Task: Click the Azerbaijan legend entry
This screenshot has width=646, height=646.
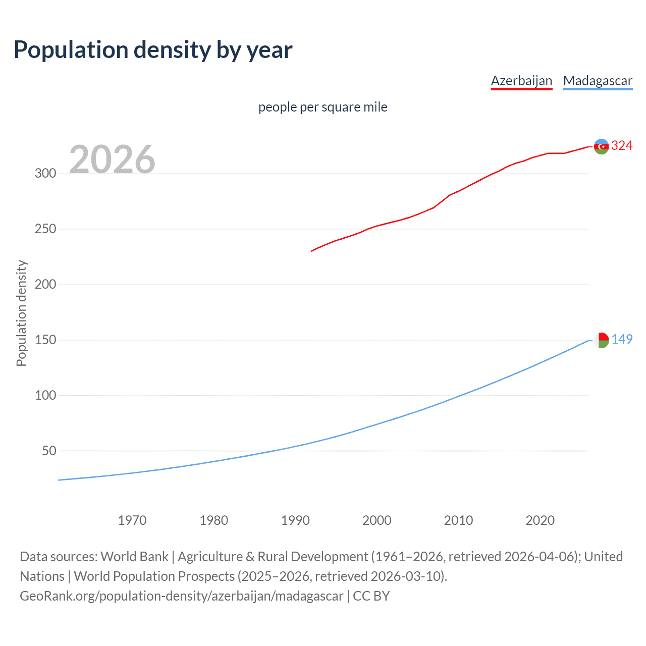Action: (x=521, y=81)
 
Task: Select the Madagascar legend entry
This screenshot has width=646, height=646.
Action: (x=598, y=81)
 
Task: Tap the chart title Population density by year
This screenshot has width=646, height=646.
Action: (x=153, y=50)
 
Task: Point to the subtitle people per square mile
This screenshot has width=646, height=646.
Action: (x=322, y=107)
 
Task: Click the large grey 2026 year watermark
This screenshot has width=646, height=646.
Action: (x=112, y=159)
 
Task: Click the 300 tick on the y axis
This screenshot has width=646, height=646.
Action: (x=45, y=174)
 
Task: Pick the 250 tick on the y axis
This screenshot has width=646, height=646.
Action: (x=45, y=229)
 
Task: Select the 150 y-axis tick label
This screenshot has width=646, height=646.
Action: (x=45, y=340)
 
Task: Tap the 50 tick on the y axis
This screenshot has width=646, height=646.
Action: (x=49, y=451)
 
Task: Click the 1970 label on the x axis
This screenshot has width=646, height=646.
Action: (x=132, y=520)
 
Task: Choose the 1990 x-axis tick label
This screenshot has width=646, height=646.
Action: (x=295, y=520)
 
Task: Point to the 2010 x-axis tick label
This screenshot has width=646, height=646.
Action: (x=458, y=520)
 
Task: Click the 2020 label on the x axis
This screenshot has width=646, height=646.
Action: (x=540, y=520)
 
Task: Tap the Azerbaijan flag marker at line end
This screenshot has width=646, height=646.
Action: (x=601, y=146)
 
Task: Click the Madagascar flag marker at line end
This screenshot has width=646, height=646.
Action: (x=601, y=340)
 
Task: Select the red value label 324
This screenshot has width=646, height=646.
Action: (x=622, y=146)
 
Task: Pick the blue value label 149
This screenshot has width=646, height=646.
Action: (x=622, y=340)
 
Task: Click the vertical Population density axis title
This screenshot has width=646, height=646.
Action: (x=21, y=313)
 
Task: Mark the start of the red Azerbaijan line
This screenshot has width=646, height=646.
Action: (x=312, y=251)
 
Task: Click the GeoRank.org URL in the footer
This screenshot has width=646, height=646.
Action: (x=182, y=596)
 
